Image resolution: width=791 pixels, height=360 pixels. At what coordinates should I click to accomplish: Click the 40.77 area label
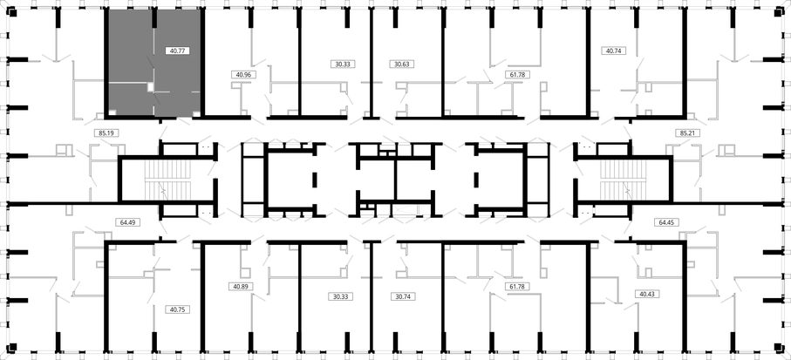point(178,51)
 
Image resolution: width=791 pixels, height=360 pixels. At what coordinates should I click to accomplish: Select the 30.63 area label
point(402,64)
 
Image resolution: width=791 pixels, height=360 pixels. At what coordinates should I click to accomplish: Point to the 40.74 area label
point(613,51)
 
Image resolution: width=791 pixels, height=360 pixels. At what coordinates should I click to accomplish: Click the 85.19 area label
point(106,133)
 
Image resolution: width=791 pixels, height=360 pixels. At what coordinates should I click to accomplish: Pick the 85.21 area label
point(687,133)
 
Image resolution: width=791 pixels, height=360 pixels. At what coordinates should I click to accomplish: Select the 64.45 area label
point(666,222)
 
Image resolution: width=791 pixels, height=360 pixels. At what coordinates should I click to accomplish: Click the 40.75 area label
point(178,309)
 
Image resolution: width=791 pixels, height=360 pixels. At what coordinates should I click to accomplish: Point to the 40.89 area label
point(241,286)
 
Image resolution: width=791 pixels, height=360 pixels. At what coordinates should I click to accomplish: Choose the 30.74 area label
point(403,296)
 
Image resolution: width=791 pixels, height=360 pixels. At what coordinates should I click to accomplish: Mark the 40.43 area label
point(647,294)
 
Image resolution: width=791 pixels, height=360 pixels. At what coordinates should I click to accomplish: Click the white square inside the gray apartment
point(151,87)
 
